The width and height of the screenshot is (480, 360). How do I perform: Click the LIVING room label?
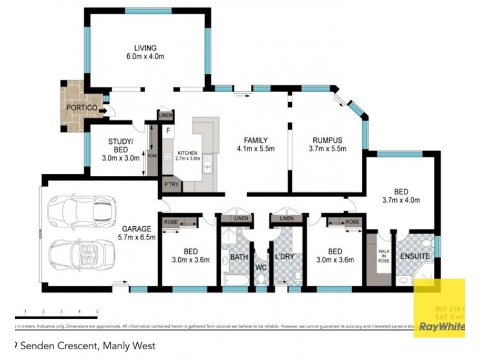[x=145, y=48]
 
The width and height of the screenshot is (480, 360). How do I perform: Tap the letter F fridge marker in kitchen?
[x=169, y=130]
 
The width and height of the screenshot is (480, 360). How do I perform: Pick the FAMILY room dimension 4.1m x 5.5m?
[x=255, y=148]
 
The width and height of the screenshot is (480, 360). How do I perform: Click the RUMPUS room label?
[x=327, y=140]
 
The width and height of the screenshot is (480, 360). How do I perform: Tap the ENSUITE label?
[x=415, y=256]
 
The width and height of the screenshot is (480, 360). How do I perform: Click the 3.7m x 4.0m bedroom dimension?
[x=402, y=200]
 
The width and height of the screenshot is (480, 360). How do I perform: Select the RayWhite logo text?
[x=442, y=327]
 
